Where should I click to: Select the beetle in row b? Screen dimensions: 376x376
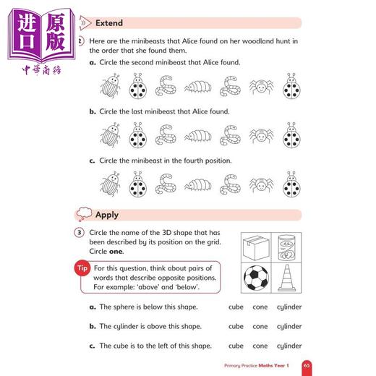[x=108, y=134]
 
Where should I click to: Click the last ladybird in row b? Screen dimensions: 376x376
[x=291, y=134]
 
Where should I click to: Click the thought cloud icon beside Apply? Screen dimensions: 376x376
[x=84, y=213]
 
